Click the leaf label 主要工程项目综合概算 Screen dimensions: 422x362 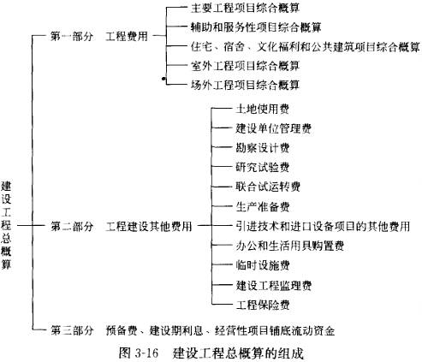click(245, 8)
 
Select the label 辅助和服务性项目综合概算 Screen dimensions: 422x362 click(256, 27)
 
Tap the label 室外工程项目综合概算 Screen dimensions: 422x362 click(245, 66)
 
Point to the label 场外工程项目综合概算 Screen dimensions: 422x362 click(245, 85)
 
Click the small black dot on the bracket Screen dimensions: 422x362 click(163, 79)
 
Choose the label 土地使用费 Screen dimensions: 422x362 click(263, 109)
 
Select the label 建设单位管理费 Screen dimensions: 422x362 click(273, 128)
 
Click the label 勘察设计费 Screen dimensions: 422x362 click(263, 148)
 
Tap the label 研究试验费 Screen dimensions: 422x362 click(263, 167)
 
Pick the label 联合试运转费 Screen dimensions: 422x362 click(268, 187)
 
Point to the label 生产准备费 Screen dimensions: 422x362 click(263, 206)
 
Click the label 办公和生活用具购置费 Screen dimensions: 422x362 click(289, 246)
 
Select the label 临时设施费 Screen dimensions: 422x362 click(263, 265)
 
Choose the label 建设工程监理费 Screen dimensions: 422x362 click(273, 285)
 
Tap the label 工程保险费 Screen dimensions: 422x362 click(263, 305)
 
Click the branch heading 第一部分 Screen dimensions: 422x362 click(72, 36)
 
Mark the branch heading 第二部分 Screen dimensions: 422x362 click(72, 227)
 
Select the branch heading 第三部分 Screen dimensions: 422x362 click(72, 330)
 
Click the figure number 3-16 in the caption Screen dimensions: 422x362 click(146, 353)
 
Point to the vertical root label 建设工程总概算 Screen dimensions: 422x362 click(6, 225)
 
